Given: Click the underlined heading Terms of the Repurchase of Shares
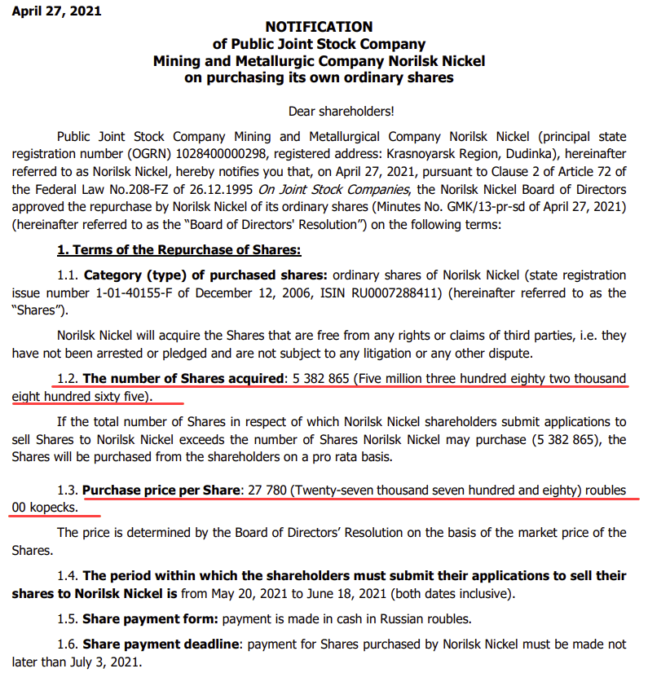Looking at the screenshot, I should tap(192, 250).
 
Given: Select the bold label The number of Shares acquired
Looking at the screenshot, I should tap(182, 378).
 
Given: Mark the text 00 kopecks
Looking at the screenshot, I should tap(46, 507).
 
